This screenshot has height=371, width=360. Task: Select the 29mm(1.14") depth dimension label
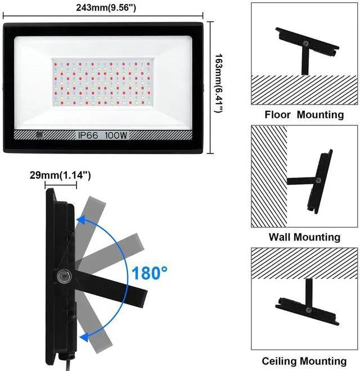tap(61, 175)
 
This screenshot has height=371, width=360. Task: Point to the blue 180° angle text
tap(150, 274)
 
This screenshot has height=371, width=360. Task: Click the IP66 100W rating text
tap(103, 135)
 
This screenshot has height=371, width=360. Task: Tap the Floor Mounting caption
tap(304, 115)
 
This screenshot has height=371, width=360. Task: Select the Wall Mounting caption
tap(304, 237)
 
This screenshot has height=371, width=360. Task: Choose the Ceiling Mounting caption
tap(304, 361)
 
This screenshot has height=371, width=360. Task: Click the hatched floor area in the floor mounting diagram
tap(304, 89)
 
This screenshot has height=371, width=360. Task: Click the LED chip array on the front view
tap(103, 82)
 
